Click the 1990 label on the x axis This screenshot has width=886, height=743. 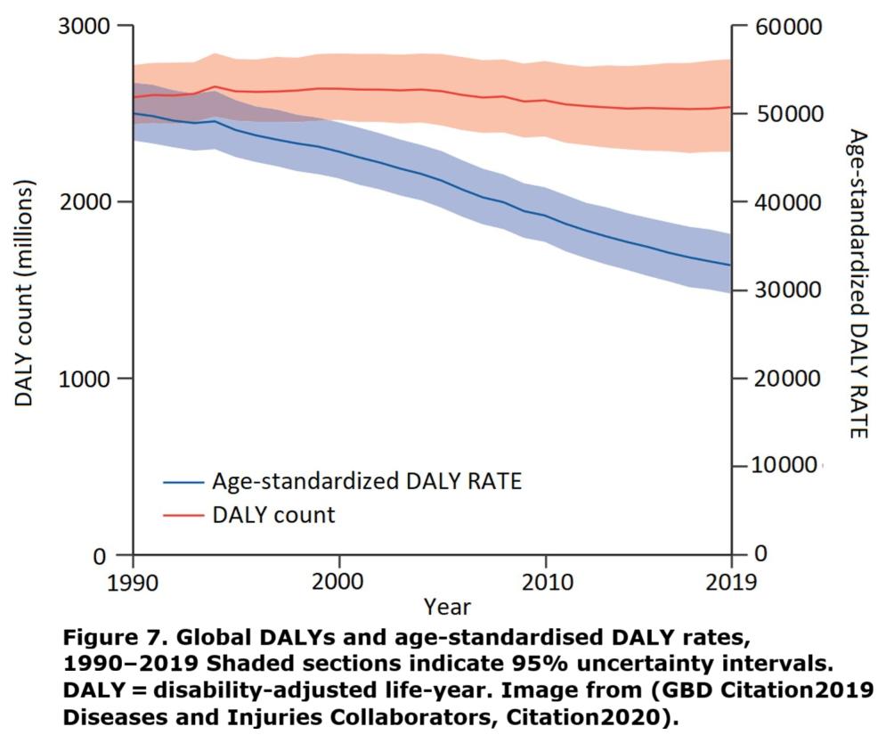tap(133, 584)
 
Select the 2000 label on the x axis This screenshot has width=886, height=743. tap(338, 584)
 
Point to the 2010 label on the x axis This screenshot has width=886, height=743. tap(545, 584)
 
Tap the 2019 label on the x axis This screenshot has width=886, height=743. tap(731, 584)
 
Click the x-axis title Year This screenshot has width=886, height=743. tap(447, 608)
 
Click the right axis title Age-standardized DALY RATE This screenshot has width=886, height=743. tap(857, 283)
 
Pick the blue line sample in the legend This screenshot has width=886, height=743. tap(183, 482)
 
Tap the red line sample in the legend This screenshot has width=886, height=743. tap(183, 514)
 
